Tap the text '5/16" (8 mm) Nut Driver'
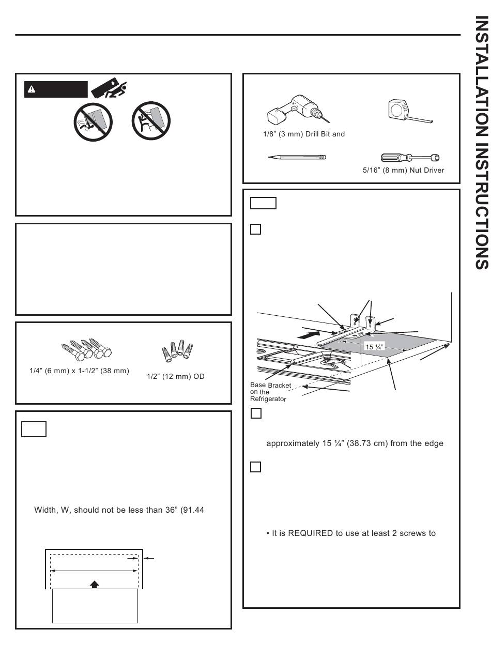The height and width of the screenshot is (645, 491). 411,170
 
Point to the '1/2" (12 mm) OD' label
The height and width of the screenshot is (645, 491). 176,376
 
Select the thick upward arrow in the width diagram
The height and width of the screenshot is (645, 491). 94,584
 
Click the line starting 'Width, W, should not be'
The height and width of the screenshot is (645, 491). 119,510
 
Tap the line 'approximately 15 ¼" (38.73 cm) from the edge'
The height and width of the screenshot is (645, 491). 355,443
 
